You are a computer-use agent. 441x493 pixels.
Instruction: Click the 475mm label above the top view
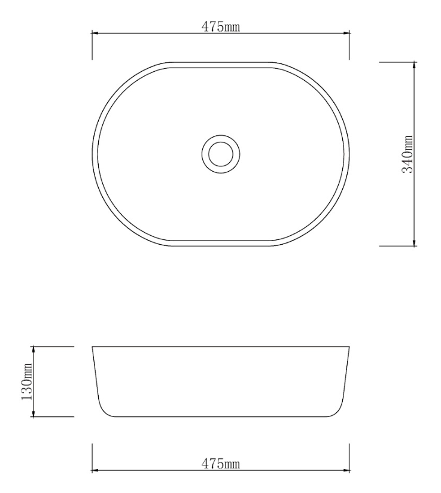[220, 27]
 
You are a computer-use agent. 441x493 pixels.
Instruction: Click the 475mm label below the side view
[220, 464]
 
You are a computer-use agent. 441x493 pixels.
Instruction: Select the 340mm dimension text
[407, 154]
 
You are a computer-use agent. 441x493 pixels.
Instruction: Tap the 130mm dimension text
[27, 381]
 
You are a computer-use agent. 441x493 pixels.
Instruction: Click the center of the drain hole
[220, 153]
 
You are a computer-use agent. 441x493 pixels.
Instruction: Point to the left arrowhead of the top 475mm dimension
[95, 34]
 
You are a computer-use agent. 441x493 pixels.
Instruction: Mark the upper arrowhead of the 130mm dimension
[34, 349]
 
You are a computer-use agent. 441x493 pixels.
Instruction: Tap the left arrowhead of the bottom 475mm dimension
[95, 470]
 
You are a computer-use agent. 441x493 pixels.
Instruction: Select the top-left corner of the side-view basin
[92, 346]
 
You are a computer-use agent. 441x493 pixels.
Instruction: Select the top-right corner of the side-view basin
[348, 346]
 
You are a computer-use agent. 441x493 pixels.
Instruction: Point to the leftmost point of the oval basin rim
[92, 153]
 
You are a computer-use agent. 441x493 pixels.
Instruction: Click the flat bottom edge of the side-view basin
[220, 416]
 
